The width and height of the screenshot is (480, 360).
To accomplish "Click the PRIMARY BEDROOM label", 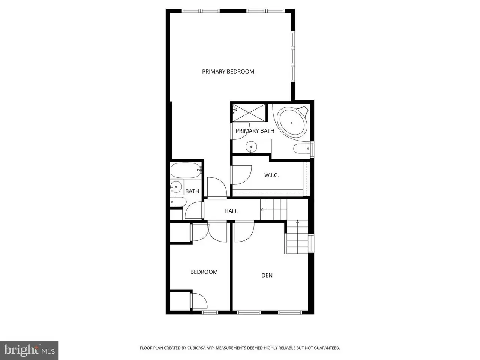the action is pyautogui.click(x=228, y=72).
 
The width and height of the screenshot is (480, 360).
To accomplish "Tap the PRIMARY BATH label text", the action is pyautogui.click(x=255, y=131).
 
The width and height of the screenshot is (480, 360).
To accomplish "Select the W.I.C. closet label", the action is pyautogui.click(x=271, y=175).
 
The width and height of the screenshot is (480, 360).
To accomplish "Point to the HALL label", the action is pyautogui.click(x=231, y=211).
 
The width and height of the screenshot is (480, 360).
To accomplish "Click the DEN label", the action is pyautogui.click(x=267, y=275).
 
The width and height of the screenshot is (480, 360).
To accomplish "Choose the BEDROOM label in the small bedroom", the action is pyautogui.click(x=204, y=272).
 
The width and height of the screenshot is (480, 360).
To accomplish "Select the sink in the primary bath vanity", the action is pyautogui.click(x=251, y=147).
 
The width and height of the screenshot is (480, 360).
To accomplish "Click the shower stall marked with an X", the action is pyautogui.click(x=249, y=112).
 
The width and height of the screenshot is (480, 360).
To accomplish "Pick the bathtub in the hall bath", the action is pyautogui.click(x=186, y=171).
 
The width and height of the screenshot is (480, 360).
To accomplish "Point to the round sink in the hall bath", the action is pyautogui.click(x=176, y=187).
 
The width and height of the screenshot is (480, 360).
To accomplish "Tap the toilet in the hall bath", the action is pyautogui.click(x=178, y=202).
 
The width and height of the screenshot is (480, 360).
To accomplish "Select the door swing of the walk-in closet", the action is pyautogui.click(x=241, y=175).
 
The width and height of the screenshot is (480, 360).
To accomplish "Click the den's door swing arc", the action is pyautogui.click(x=244, y=232).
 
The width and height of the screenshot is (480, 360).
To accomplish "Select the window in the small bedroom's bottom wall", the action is pyautogui.click(x=210, y=312).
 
